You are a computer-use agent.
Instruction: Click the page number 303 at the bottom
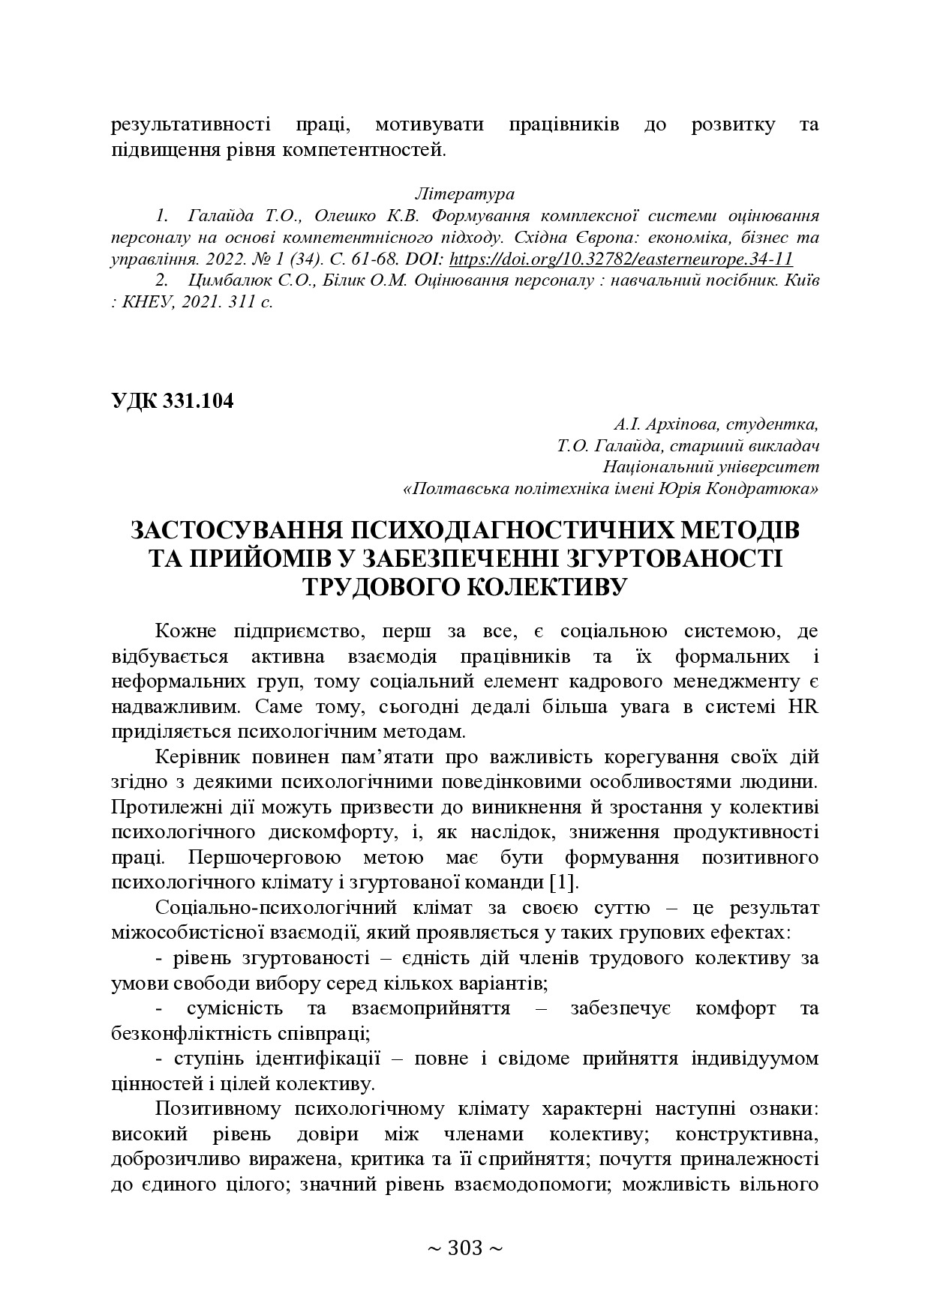click(x=464, y=1248)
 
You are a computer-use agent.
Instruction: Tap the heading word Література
click(x=464, y=194)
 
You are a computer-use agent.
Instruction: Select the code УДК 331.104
click(x=172, y=401)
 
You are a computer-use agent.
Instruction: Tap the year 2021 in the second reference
click(x=193, y=303)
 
